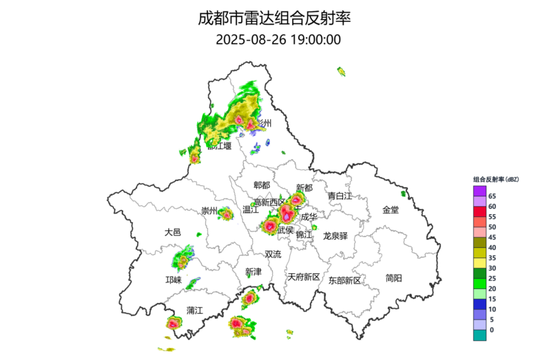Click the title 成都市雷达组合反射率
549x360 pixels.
tap(274, 19)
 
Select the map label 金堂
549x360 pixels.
tap(391, 210)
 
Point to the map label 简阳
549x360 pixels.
tap(394, 278)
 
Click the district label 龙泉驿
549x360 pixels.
tap(335, 235)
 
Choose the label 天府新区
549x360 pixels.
tap(304, 277)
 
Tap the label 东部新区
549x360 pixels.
tap(345, 280)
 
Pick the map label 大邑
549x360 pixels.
tap(172, 232)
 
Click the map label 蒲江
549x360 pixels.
tap(194, 310)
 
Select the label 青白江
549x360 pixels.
tap(339, 196)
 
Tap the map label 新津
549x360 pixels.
tap(254, 272)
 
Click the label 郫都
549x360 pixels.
tap(262, 185)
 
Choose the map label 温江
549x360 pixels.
tap(250, 209)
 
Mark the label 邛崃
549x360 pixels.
tap(173, 280)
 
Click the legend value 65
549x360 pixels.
tap(492, 196)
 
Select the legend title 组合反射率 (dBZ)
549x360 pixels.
tap(496, 179)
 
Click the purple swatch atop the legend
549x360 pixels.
tap(480, 191)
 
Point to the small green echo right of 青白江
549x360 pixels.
tap(404, 193)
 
